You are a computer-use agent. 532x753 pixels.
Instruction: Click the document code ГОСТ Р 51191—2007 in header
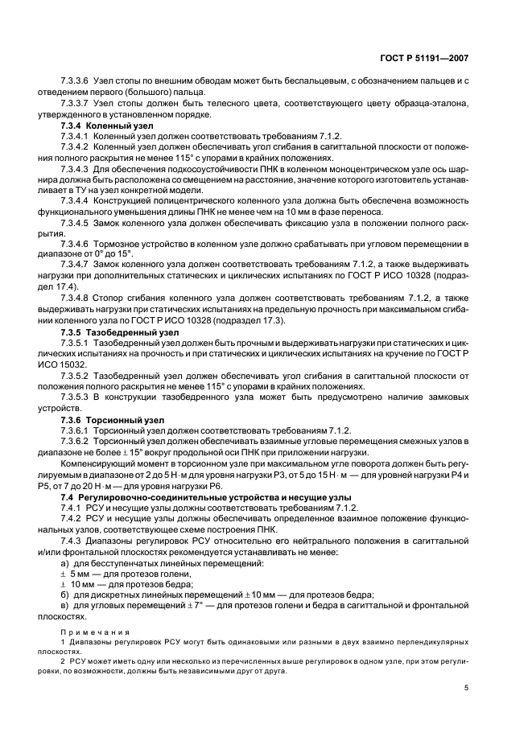[434, 58]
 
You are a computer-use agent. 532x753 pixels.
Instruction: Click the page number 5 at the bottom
[467, 687]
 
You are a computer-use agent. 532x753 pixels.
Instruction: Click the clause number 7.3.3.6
[75, 83]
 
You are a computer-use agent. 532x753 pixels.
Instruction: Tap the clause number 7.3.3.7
[75, 105]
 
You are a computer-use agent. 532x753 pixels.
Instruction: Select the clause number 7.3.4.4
[75, 200]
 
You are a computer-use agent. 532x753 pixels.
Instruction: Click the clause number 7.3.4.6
[75, 243]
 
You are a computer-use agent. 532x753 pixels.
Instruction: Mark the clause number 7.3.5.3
[75, 397]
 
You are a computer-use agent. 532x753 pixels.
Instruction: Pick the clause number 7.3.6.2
[75, 441]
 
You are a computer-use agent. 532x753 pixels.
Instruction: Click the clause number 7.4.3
[72, 541]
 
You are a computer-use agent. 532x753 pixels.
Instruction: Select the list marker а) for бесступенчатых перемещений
[66, 562]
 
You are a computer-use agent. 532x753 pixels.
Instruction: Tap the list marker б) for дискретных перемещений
[66, 595]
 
